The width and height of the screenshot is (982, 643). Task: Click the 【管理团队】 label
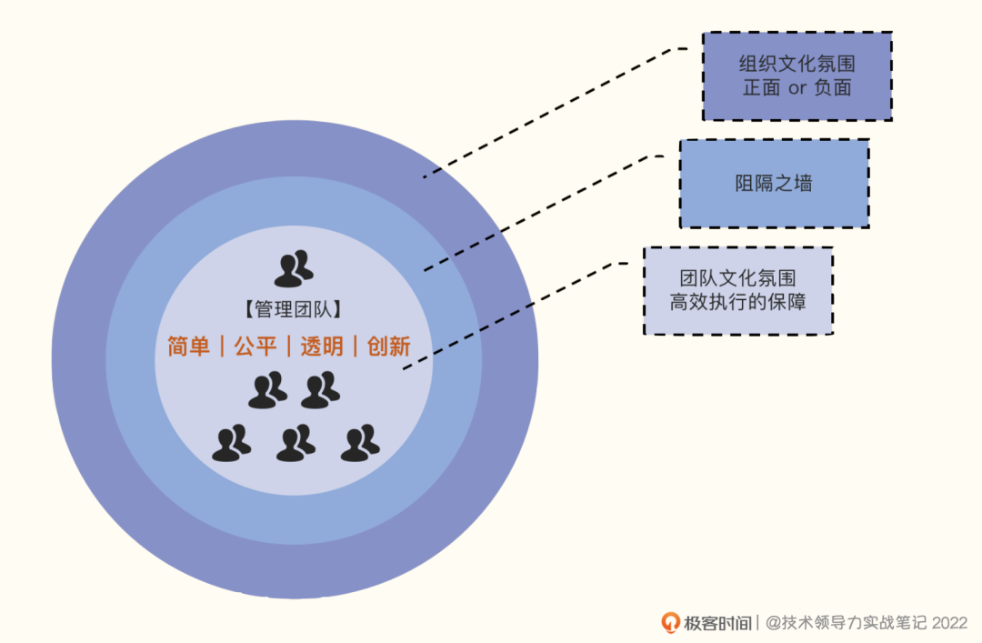tap(294, 310)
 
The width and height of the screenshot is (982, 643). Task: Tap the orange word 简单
tap(188, 347)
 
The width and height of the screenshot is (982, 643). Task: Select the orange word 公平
tap(255, 347)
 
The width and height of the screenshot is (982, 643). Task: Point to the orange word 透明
tap(322, 347)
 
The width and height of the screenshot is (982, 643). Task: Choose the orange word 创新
tap(389, 347)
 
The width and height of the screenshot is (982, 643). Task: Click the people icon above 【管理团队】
tap(294, 268)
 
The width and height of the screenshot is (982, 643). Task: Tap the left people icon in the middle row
tap(267, 390)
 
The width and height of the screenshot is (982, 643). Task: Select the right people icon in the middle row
tap(320, 390)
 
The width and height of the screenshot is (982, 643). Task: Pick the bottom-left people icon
tap(231, 443)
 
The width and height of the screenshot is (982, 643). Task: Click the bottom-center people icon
tap(296, 443)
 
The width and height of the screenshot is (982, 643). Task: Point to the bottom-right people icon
tap(360, 443)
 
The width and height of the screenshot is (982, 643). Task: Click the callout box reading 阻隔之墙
tap(774, 184)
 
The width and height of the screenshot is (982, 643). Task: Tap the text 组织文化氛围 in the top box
tap(797, 65)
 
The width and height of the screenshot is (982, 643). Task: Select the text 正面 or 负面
tap(797, 88)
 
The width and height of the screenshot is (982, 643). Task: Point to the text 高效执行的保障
tap(738, 302)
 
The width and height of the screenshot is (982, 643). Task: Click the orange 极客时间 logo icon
tap(671, 622)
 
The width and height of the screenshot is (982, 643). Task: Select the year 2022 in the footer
tap(950, 623)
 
